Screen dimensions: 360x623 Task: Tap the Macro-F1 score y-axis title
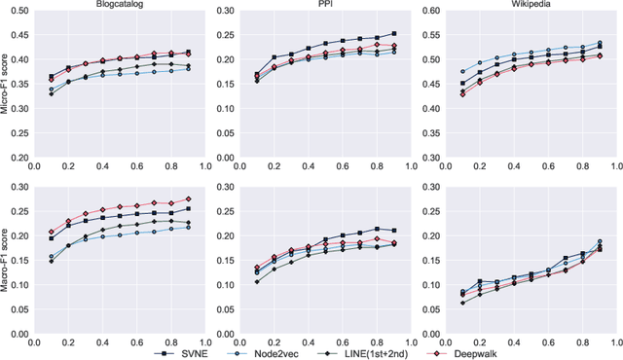click(6, 258)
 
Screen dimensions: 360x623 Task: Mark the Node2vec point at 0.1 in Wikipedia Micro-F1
click(463, 71)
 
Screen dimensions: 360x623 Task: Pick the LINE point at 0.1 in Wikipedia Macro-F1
click(463, 303)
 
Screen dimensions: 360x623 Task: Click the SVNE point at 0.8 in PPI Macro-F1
click(378, 229)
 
